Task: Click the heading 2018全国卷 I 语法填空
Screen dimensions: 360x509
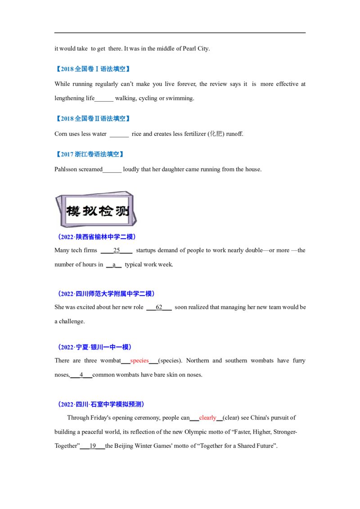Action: coord(93,69)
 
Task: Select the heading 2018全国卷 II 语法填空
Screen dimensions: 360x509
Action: coord(93,119)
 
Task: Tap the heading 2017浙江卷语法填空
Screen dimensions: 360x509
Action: coord(90,154)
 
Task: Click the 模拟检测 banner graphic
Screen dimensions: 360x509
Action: coord(96,210)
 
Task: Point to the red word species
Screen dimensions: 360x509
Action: coord(139,361)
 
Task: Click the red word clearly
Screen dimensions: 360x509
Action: coord(207,418)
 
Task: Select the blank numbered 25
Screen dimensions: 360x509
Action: coord(117,250)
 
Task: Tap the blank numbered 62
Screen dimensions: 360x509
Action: coord(159,307)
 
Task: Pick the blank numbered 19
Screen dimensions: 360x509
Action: coord(93,446)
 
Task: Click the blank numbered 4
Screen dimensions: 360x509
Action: coord(81,375)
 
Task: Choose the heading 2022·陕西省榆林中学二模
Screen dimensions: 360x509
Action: coord(97,237)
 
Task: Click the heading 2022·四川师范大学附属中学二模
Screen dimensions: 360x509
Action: coord(106,294)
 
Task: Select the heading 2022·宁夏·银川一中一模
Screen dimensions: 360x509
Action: coord(94,347)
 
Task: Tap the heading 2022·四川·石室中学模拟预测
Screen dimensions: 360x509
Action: coord(101,405)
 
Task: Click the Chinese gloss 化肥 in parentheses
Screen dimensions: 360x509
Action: coord(216,134)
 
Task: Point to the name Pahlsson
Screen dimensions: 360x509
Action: coord(66,170)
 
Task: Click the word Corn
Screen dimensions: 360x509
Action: coord(61,134)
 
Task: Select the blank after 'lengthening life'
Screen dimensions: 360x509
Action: coord(104,99)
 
